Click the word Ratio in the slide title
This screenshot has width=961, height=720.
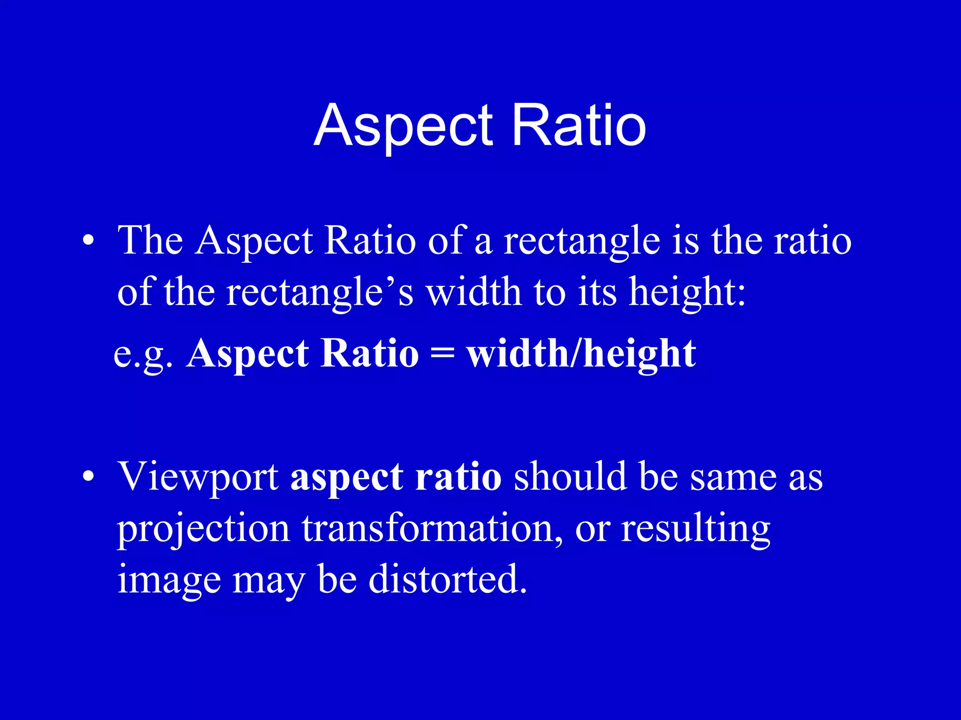579,126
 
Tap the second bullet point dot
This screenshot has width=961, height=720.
88,477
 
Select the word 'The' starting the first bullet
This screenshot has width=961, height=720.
150,240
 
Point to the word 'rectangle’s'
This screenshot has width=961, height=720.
320,293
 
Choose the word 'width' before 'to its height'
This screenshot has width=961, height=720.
474,292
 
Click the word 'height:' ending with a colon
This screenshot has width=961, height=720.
687,293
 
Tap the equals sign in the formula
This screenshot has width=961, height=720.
442,354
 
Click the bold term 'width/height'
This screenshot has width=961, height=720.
581,354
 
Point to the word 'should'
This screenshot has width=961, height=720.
570,477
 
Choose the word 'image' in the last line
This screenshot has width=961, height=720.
169,580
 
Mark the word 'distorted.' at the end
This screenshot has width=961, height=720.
448,579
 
